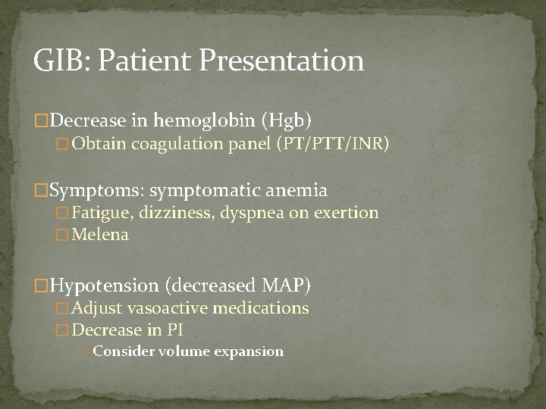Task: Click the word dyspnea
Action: click(258, 214)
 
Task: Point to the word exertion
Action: click(346, 213)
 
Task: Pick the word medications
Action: click(262, 308)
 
